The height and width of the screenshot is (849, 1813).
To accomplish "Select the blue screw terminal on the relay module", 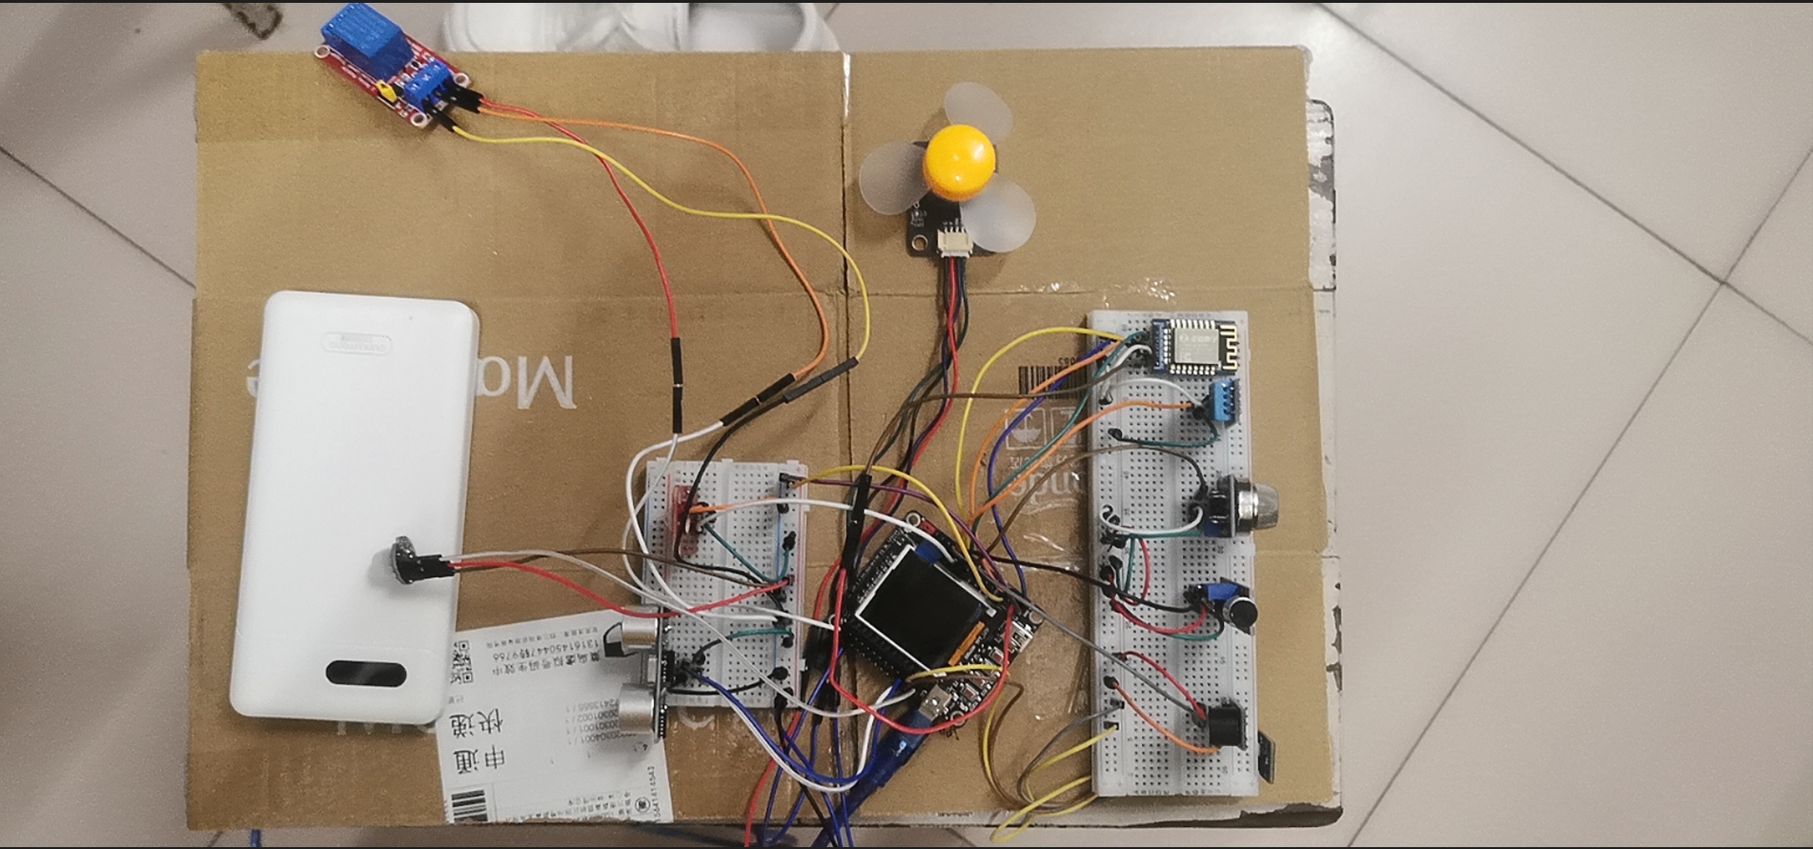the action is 428,85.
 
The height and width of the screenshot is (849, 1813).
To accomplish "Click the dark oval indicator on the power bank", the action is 366,673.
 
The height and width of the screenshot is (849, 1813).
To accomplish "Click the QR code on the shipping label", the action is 462,662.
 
